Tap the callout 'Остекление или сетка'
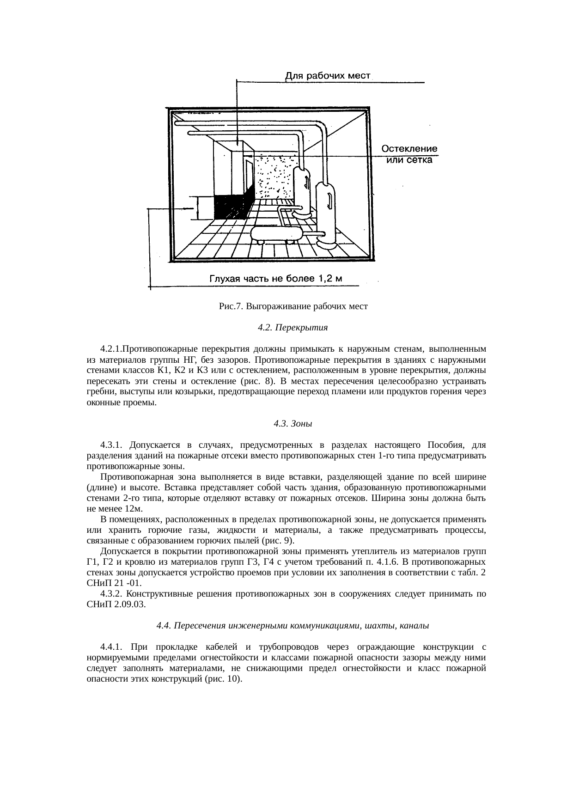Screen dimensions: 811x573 tap(409, 154)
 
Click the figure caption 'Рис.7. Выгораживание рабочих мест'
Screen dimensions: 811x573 tap(293, 306)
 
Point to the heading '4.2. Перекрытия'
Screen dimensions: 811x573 tap(293, 328)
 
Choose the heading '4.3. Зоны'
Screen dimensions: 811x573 tap(293, 423)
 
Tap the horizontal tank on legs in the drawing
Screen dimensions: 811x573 tap(276, 234)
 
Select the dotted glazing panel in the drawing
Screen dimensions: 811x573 tap(275, 176)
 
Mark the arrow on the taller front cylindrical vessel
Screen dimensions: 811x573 tap(328, 200)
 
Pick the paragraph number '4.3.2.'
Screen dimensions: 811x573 tap(111, 593)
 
